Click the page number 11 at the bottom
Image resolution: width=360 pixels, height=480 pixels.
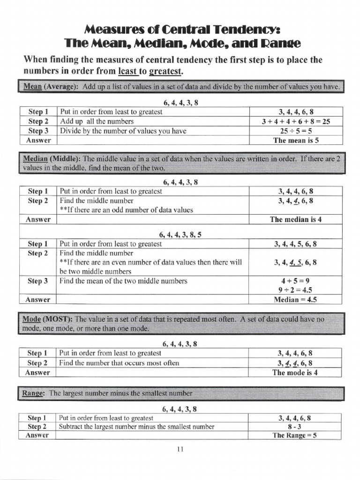pos(180,450)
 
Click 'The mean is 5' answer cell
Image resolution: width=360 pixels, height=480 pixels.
pos(296,140)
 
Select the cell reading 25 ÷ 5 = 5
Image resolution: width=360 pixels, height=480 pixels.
pos(296,131)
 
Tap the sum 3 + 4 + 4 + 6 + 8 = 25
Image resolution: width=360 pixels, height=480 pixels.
pos(296,121)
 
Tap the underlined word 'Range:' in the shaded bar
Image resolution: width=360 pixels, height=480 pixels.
pos(34,393)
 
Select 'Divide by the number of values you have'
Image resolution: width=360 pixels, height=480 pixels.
pos(123,131)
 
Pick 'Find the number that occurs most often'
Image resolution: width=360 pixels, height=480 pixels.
pos(120,363)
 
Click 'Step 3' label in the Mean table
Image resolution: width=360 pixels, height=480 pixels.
pos(38,131)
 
